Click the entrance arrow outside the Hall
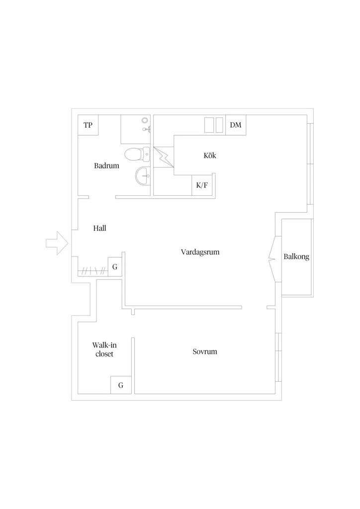pos(57,243)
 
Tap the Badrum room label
pos(106,166)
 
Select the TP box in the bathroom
pos(88,125)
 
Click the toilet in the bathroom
pos(137,155)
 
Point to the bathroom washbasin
pos(143,176)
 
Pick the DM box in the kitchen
pos(236,125)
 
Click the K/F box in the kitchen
pos(202,185)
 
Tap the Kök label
pos(210,156)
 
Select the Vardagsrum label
pos(200,252)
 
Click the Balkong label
pos(296,257)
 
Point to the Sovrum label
pos(205,351)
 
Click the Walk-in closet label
pos(104,349)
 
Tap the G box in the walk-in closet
pos(121,385)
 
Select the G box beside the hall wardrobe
pos(114,267)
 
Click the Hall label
pos(99,228)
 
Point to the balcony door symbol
pos(272,258)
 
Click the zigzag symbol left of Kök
pos(164,158)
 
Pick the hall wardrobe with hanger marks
pos(93,270)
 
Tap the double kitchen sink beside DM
pos(214,125)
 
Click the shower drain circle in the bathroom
pos(145,120)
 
